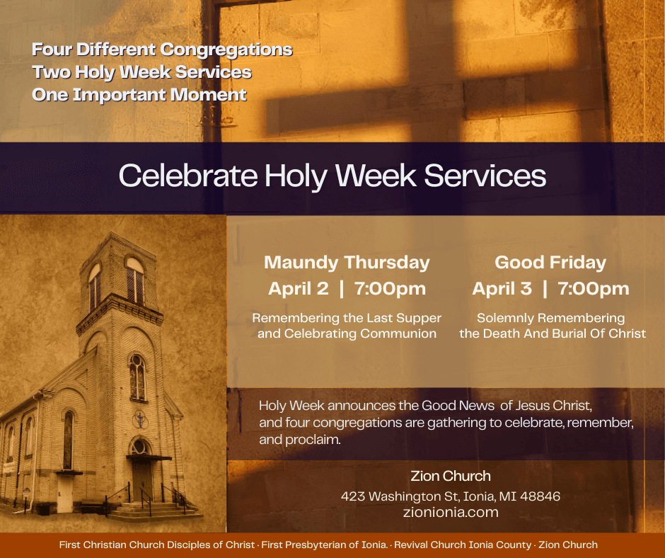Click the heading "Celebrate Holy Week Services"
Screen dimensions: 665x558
click(x=332, y=176)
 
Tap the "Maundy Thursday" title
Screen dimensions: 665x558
click(x=347, y=263)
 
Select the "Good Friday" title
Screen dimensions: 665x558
click(x=550, y=263)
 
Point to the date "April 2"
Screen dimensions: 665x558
click(x=298, y=289)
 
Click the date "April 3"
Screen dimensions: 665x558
click(x=502, y=289)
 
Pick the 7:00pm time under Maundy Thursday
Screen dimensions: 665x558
click(x=391, y=289)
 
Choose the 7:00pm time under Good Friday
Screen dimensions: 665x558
click(x=594, y=289)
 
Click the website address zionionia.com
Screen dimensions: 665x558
click(x=451, y=512)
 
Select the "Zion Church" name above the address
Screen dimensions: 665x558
click(x=451, y=476)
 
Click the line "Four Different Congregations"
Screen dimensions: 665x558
click(x=162, y=50)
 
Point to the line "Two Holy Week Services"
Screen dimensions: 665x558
click(x=141, y=72)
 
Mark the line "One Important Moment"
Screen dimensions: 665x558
click(x=139, y=94)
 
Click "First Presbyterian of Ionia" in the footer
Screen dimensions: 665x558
click(x=324, y=545)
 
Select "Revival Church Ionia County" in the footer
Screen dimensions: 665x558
click(x=463, y=545)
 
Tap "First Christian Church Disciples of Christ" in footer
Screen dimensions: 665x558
click(x=157, y=545)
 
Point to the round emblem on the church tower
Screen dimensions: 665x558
click(x=140, y=419)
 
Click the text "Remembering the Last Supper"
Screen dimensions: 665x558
click(x=347, y=318)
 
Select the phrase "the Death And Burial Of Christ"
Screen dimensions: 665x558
click(x=553, y=334)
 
